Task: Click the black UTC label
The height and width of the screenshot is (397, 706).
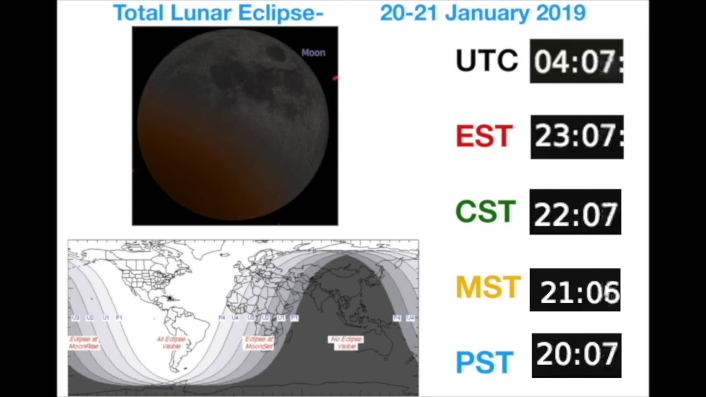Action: coord(486,60)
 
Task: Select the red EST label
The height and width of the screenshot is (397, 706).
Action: coord(484,136)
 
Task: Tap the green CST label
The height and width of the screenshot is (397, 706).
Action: coord(485,212)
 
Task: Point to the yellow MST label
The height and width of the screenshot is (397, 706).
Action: coord(488,287)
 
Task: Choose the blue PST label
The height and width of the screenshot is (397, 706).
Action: coord(485,362)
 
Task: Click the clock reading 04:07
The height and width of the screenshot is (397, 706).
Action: coord(576,61)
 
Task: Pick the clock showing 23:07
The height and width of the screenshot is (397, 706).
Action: coord(577,137)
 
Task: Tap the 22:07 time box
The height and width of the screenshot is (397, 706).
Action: coord(575,212)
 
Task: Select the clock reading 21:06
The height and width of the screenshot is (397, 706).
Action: coord(575,290)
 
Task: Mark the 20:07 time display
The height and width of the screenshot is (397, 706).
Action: coord(576,355)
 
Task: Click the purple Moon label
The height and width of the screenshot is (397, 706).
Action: coord(313,53)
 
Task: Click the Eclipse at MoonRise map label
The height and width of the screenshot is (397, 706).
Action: coord(84,342)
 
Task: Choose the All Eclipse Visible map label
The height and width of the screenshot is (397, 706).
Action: coord(172,342)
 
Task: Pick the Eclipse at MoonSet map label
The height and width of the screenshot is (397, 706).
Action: coord(259,342)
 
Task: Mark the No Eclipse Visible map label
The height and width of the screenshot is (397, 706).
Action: coord(346,342)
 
